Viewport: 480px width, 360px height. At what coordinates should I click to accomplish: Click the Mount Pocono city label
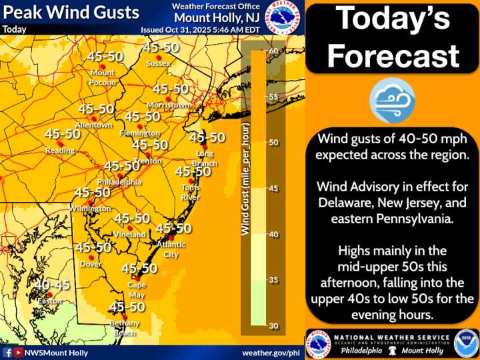103,77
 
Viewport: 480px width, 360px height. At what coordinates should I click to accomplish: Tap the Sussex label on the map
158,63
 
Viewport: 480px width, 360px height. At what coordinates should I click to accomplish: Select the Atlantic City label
171,249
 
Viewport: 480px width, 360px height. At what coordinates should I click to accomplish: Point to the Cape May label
137,289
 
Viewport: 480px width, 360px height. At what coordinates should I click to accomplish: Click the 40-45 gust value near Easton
53,285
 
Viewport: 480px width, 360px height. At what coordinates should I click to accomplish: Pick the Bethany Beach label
125,327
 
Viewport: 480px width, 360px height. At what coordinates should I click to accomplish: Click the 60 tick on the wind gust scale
273,51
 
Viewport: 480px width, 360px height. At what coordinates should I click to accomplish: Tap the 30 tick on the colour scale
273,325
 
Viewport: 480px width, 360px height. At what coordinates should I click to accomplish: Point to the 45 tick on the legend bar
273,189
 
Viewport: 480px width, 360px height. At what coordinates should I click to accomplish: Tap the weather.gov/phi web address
271,352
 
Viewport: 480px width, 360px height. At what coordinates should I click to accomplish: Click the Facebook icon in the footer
7,352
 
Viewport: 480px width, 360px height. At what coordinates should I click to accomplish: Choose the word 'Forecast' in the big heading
393,56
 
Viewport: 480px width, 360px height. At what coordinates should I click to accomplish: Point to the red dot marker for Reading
61,143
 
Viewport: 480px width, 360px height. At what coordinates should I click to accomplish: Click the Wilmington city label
89,209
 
